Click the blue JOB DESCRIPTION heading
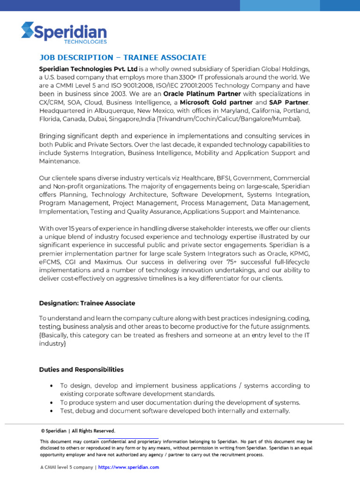tap(122, 58)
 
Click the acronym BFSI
tap(219, 178)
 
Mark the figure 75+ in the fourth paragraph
tap(245, 262)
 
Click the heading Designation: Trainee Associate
tap(87, 303)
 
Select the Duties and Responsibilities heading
tap(82, 369)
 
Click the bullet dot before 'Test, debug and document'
tap(51, 411)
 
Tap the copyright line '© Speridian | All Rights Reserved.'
tap(78, 431)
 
